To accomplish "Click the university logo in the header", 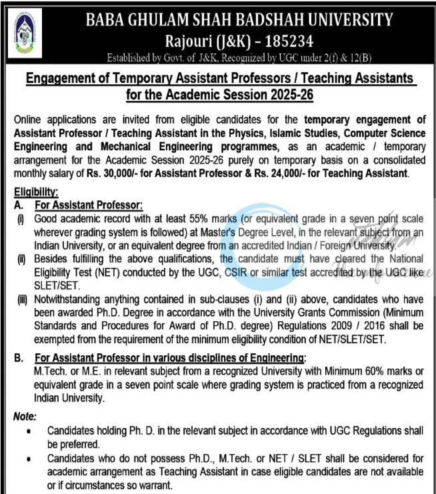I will (29, 32).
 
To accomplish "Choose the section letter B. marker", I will (19, 358).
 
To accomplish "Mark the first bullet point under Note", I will (27, 432).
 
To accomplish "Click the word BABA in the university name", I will (106, 20).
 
